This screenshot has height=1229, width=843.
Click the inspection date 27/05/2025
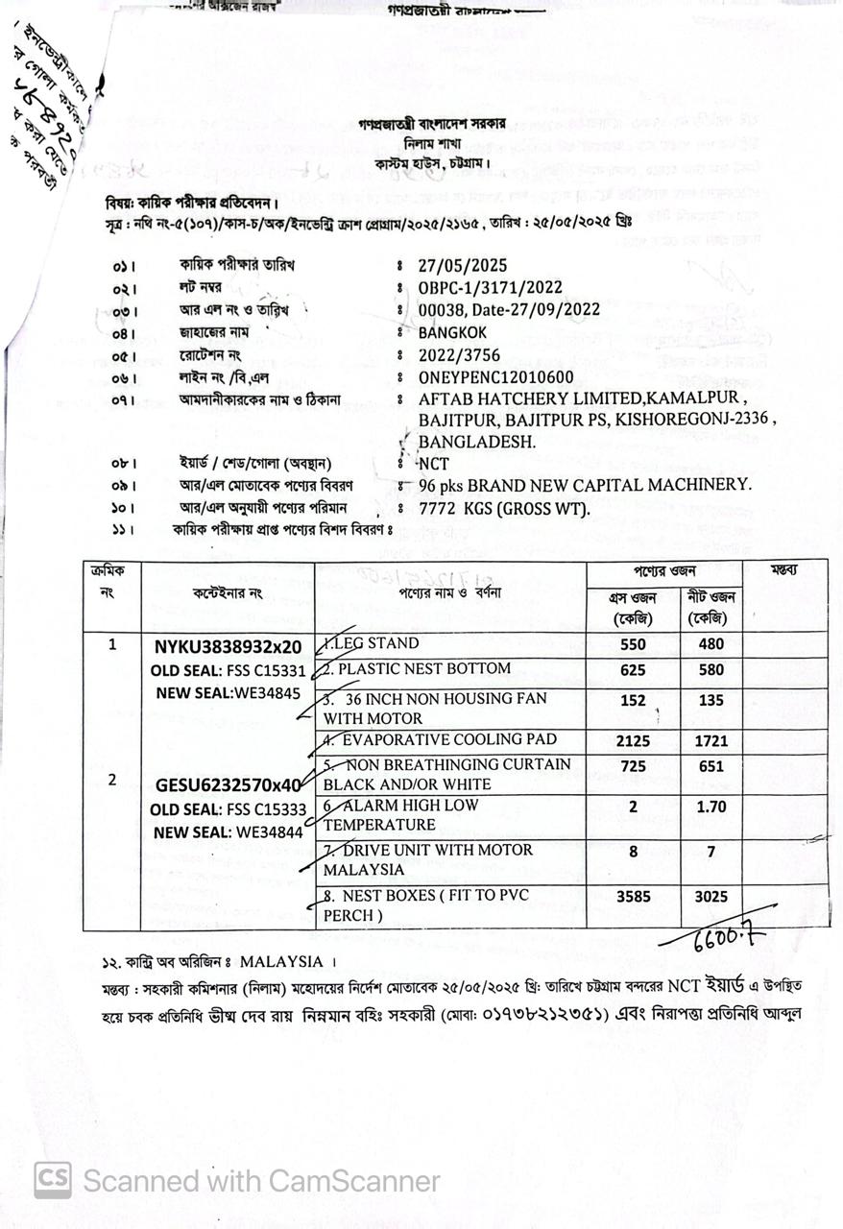pyautogui.click(x=463, y=265)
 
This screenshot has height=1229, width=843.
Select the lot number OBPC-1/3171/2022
pyautogui.click(x=490, y=287)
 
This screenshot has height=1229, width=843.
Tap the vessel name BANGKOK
pyautogui.click(x=452, y=332)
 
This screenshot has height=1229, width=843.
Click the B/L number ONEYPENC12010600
pyautogui.click(x=495, y=377)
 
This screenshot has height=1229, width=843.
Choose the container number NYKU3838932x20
pyautogui.click(x=228, y=646)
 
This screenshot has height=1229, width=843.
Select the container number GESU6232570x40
pyautogui.click(x=229, y=785)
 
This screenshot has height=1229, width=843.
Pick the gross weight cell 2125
pyautogui.click(x=633, y=741)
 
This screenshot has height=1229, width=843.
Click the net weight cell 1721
pyautogui.click(x=711, y=741)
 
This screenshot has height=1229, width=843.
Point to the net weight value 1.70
pyautogui.click(x=711, y=807)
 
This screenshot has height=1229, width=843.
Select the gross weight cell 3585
pyautogui.click(x=633, y=897)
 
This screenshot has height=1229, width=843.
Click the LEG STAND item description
pyautogui.click(x=373, y=643)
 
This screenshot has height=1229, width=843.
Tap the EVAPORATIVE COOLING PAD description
pyautogui.click(x=451, y=740)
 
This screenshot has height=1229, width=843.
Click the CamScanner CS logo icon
pyautogui.click(x=53, y=1180)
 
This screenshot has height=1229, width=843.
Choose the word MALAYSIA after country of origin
pyautogui.click(x=281, y=961)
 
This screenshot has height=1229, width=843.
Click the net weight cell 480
pyautogui.click(x=711, y=645)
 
